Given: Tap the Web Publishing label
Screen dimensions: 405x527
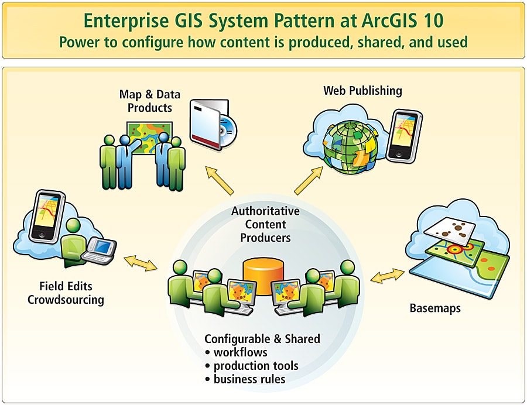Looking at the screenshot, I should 362,91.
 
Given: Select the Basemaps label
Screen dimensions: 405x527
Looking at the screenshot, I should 434,308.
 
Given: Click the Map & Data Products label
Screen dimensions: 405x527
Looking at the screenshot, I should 150,101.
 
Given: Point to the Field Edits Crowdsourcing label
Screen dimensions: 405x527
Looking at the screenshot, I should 66,293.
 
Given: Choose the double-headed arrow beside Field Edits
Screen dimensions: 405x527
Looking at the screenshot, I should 141,263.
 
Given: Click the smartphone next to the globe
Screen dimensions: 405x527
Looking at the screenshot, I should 403,134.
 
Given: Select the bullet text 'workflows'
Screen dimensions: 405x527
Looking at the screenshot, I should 240,352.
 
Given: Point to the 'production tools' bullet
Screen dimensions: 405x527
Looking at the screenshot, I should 255,366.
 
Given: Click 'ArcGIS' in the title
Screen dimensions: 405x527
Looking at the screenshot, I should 375,21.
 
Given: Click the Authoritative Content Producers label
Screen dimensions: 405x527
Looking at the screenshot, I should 265,224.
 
